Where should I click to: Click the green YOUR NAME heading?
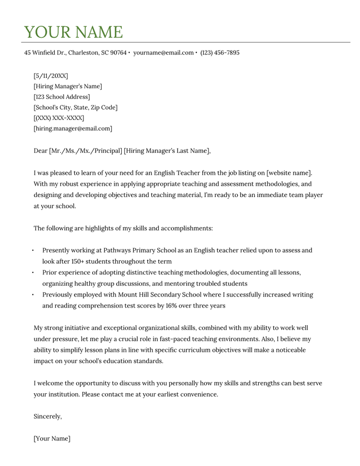(x=73, y=32)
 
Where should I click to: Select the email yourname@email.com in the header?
(x=163, y=52)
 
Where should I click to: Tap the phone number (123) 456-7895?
(x=220, y=52)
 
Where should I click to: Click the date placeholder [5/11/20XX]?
(x=51, y=76)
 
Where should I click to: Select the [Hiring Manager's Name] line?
(x=68, y=86)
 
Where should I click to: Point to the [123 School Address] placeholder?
(x=62, y=97)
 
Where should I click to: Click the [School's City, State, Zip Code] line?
(x=76, y=107)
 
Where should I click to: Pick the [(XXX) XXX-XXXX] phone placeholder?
(x=59, y=118)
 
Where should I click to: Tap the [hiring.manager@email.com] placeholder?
(x=73, y=129)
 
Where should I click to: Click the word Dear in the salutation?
(x=40, y=151)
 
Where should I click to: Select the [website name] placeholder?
(x=289, y=173)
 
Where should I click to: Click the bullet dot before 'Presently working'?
(x=33, y=250)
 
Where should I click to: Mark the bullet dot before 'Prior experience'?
(x=33, y=273)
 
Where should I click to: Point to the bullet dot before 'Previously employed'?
(x=33, y=295)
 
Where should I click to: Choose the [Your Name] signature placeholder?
(x=52, y=439)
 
